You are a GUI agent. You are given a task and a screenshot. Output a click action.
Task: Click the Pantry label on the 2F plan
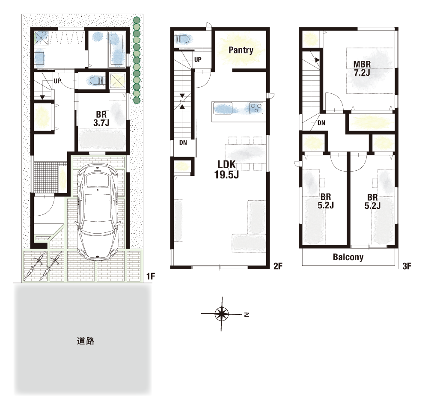pos(241,50)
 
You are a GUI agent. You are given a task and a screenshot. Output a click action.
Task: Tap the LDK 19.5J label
pos(226,169)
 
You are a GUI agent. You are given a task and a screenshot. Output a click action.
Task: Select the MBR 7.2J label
pos(362,68)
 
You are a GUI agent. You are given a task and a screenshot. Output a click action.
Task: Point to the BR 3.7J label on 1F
pos(101,119)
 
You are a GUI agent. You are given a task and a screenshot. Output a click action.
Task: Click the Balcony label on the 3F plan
pos(348,257)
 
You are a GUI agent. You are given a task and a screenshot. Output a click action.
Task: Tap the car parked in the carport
pos(98,211)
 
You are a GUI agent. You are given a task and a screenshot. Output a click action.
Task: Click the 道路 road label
pos(86,341)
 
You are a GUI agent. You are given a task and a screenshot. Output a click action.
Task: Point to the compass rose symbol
pos(222,314)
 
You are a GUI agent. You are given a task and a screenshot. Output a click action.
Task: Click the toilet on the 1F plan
pos(96,81)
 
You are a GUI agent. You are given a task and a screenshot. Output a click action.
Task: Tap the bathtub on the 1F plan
pos(117,49)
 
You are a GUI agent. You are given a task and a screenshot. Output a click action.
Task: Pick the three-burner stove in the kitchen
pos(256,107)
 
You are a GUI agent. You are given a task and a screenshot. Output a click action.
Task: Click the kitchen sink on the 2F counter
pos(223,108)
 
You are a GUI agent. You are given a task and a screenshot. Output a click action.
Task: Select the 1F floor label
pos(150,276)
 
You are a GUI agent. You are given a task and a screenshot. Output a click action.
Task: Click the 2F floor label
pos(278,266)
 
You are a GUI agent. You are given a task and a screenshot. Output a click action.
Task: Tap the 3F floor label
pos(407,266)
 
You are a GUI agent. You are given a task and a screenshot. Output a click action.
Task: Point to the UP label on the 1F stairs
pos(57,81)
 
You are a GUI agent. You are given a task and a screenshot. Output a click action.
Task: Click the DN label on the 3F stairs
pos(321,123)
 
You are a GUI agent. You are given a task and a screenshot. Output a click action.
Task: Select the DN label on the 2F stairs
pos(183,143)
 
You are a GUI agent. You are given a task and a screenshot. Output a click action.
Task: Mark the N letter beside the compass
pos(247,315)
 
